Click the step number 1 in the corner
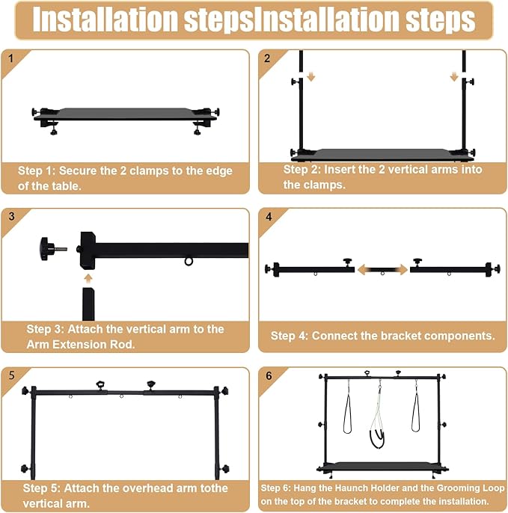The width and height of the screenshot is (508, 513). coord(10,58)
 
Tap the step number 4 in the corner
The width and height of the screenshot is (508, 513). coord(269,217)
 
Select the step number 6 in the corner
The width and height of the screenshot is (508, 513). coord(269,375)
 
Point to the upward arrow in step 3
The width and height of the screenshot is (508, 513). coord(88,278)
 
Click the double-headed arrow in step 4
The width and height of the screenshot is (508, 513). coord(382,270)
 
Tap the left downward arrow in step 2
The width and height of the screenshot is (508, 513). coord(311,77)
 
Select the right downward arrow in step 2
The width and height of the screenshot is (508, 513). coord(453,77)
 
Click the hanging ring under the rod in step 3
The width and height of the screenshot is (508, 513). coord(189,262)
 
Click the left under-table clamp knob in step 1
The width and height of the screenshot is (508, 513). coord(53,132)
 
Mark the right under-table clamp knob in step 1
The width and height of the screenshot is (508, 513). coord(197,132)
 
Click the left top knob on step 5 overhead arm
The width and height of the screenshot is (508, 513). coord(100,384)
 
